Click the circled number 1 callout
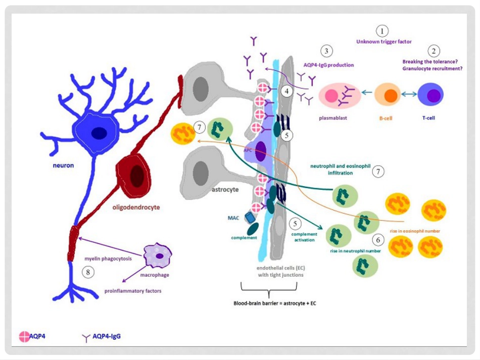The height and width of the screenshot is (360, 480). tap(382, 31)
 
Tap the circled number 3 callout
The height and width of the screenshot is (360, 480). tap(326, 51)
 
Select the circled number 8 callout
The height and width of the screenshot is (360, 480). tap(88, 272)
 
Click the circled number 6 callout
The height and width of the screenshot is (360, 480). tap(378, 240)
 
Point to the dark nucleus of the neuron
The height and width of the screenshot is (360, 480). tap(99, 133)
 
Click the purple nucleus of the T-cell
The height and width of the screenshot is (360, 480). tap(434, 95)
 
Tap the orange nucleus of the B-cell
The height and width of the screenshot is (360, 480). tap(391, 96)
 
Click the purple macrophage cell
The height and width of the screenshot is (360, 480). tap(158, 255)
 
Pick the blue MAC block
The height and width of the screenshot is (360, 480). tap(250, 218)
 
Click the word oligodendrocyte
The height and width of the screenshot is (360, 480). tap(136, 208)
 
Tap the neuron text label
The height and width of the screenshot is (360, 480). tap(63, 166)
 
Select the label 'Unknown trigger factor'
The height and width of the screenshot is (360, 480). tap(384, 41)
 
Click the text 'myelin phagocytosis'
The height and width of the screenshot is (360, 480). tap(108, 259)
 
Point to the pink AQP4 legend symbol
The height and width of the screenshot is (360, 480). tap(24, 336)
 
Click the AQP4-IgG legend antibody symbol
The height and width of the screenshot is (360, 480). tap(86, 338)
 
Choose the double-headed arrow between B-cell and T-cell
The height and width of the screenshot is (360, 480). tap(409, 94)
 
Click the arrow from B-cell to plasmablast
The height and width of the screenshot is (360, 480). tap(367, 92)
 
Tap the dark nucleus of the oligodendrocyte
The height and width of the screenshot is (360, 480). tap(137, 176)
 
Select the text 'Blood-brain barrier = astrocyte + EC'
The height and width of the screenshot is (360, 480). tap(275, 303)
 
